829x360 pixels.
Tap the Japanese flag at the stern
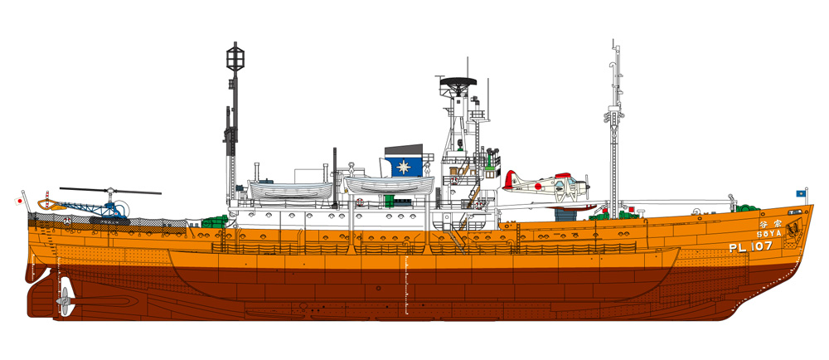(17, 200)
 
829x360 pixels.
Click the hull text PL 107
(749, 246)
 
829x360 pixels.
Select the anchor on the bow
(793, 227)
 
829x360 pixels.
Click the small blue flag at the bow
(801, 192)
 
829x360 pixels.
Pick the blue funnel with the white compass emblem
(404, 163)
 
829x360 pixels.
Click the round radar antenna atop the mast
(457, 82)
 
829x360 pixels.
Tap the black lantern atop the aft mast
(232, 58)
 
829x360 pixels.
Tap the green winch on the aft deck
(214, 221)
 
